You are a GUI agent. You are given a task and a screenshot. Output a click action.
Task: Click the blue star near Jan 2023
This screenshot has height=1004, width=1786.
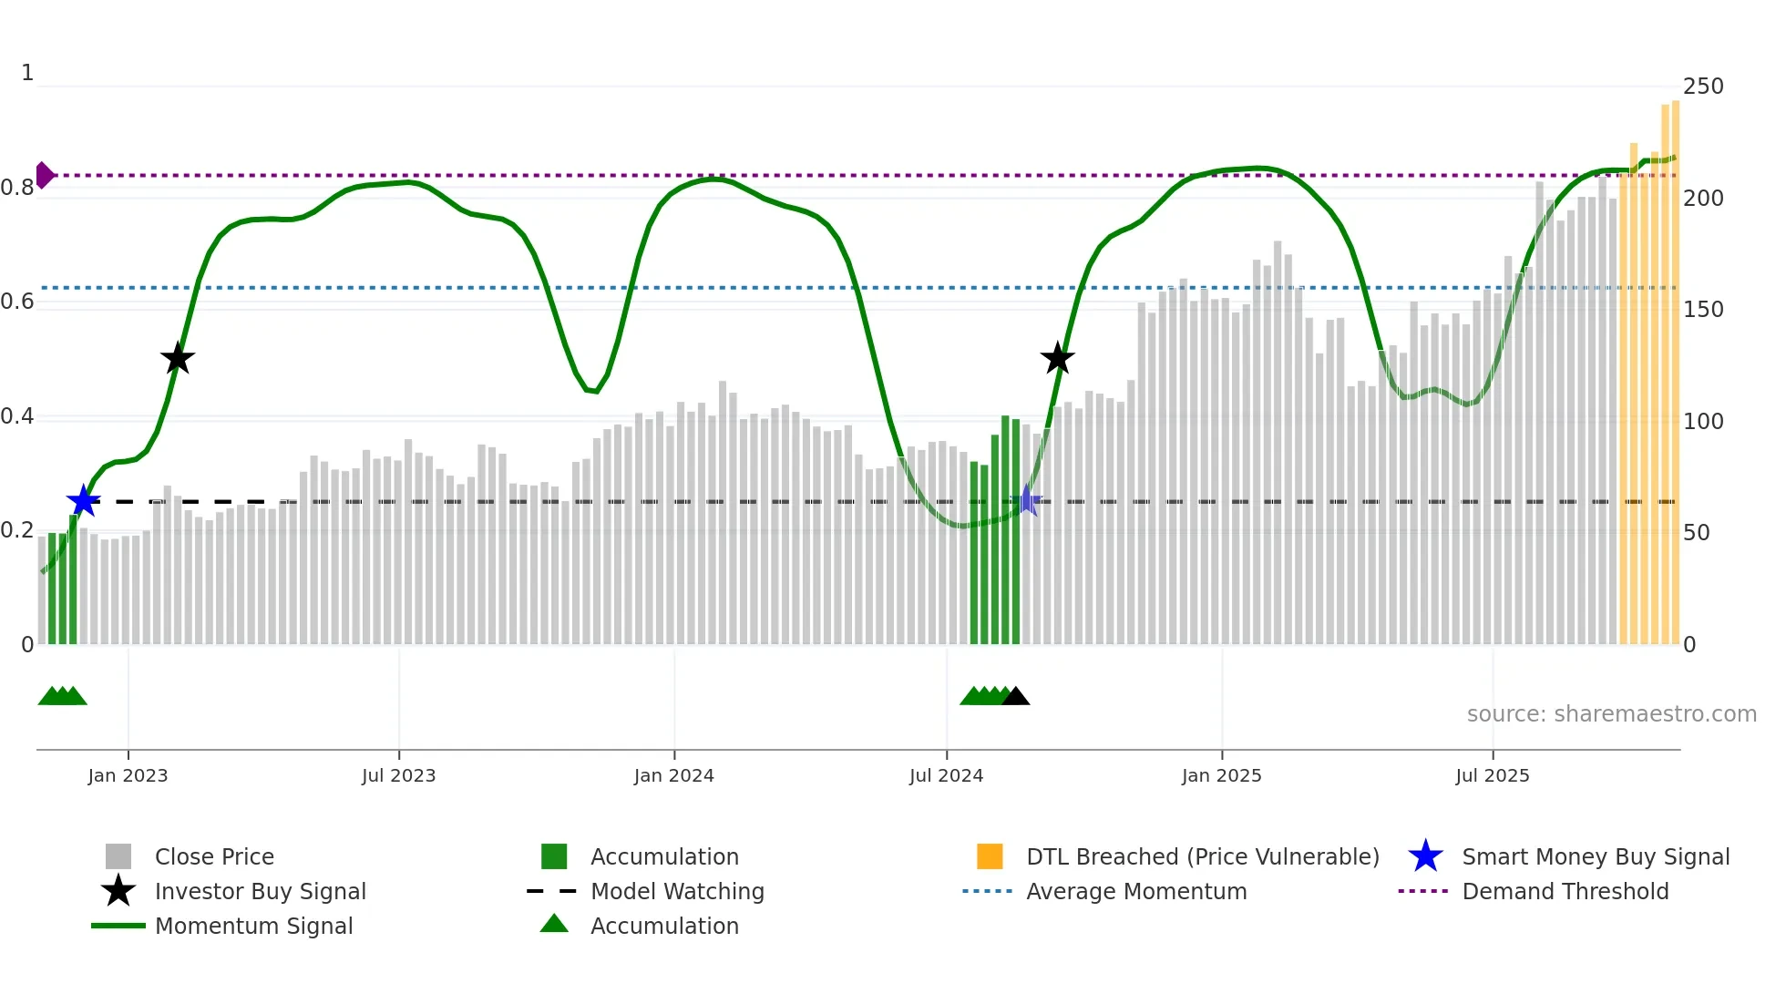click(x=83, y=501)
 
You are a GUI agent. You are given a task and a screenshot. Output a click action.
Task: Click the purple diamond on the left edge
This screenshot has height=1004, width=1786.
click(x=44, y=175)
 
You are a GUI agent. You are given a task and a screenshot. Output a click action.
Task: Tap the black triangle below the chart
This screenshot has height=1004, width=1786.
click(x=1016, y=697)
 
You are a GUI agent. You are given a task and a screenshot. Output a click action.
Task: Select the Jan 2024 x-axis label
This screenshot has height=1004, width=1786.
click(x=673, y=775)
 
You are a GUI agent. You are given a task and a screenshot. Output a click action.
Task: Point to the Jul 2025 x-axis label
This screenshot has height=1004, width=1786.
click(x=1492, y=775)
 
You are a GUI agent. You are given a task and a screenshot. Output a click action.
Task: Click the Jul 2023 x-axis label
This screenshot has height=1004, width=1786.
click(x=398, y=775)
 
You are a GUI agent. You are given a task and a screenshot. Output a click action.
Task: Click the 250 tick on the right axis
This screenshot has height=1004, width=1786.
click(x=1703, y=87)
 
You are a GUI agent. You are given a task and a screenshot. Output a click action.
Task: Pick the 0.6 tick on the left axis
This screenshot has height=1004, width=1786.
click(x=17, y=302)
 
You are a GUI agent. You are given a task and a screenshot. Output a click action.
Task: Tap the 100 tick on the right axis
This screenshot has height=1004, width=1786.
click(x=1703, y=422)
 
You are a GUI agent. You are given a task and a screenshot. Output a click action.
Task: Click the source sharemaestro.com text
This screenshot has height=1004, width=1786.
click(x=1611, y=714)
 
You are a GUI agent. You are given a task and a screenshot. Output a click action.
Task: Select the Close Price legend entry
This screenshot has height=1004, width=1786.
click(x=214, y=857)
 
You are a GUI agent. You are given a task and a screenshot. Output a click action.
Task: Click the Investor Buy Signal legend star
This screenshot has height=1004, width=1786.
click(x=118, y=891)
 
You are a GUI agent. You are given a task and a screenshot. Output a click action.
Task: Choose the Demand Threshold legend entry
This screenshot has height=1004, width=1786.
click(x=1565, y=892)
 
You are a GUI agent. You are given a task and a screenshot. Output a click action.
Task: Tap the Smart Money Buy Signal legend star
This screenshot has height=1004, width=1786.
click(x=1425, y=856)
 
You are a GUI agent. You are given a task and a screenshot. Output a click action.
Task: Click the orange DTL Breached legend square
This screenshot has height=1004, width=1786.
click(x=990, y=856)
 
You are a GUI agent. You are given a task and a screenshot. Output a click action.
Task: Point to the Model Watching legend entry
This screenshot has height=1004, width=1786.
click(x=677, y=892)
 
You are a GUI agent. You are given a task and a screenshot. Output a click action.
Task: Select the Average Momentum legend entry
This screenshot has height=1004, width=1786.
click(x=1136, y=892)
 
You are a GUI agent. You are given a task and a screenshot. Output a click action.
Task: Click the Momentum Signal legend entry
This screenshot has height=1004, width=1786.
click(x=253, y=927)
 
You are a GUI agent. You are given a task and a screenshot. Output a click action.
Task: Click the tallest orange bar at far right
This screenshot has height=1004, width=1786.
click(x=1675, y=364)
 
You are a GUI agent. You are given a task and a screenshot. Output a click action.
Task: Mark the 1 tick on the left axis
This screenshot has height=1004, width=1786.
click(x=27, y=73)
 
